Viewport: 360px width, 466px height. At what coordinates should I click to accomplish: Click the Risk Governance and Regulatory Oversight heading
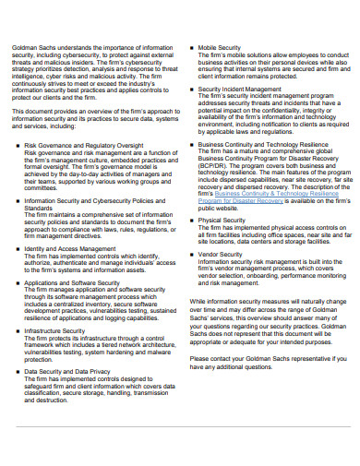83,146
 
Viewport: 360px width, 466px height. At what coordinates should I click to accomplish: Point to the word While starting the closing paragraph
198,301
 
